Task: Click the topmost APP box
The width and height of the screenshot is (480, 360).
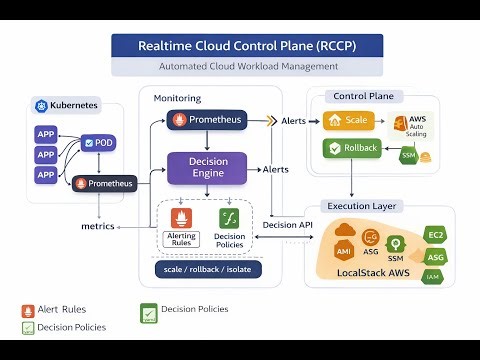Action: tap(45, 134)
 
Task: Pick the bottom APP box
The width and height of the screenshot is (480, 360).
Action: tap(45, 174)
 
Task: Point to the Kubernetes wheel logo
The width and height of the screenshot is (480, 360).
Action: tap(42, 105)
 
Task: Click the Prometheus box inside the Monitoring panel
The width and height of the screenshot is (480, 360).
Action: tap(206, 121)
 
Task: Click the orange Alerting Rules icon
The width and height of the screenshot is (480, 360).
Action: tap(182, 218)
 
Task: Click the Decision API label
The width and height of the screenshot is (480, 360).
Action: tap(286, 225)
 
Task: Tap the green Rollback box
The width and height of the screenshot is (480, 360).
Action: tap(353, 149)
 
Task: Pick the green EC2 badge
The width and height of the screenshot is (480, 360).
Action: tap(435, 234)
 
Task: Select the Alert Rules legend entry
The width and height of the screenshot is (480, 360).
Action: tap(54, 309)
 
